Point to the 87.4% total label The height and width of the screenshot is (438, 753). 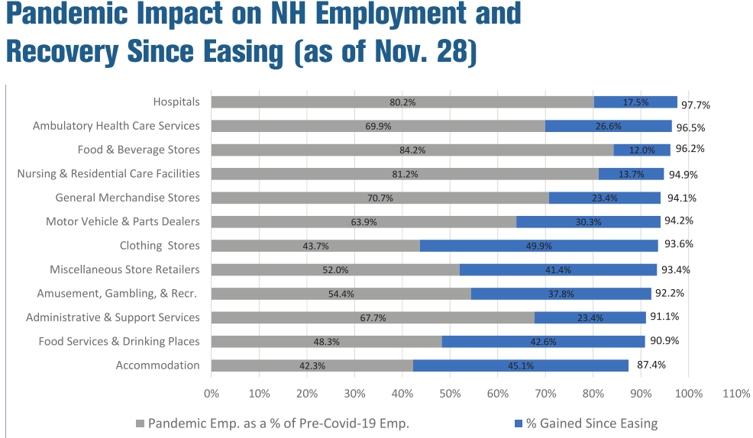click(651, 365)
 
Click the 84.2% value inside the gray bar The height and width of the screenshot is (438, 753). click(412, 150)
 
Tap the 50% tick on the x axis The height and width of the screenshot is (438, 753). click(450, 394)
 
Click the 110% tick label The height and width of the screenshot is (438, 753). click(736, 394)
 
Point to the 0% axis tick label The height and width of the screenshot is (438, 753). click(211, 394)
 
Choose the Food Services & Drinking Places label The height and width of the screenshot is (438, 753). click(119, 341)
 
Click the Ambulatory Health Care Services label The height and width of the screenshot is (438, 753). click(116, 126)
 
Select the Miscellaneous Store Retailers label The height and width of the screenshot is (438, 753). click(124, 269)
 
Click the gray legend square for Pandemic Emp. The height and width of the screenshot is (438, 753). click(140, 424)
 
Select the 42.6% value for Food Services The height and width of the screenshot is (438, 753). click(542, 342)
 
